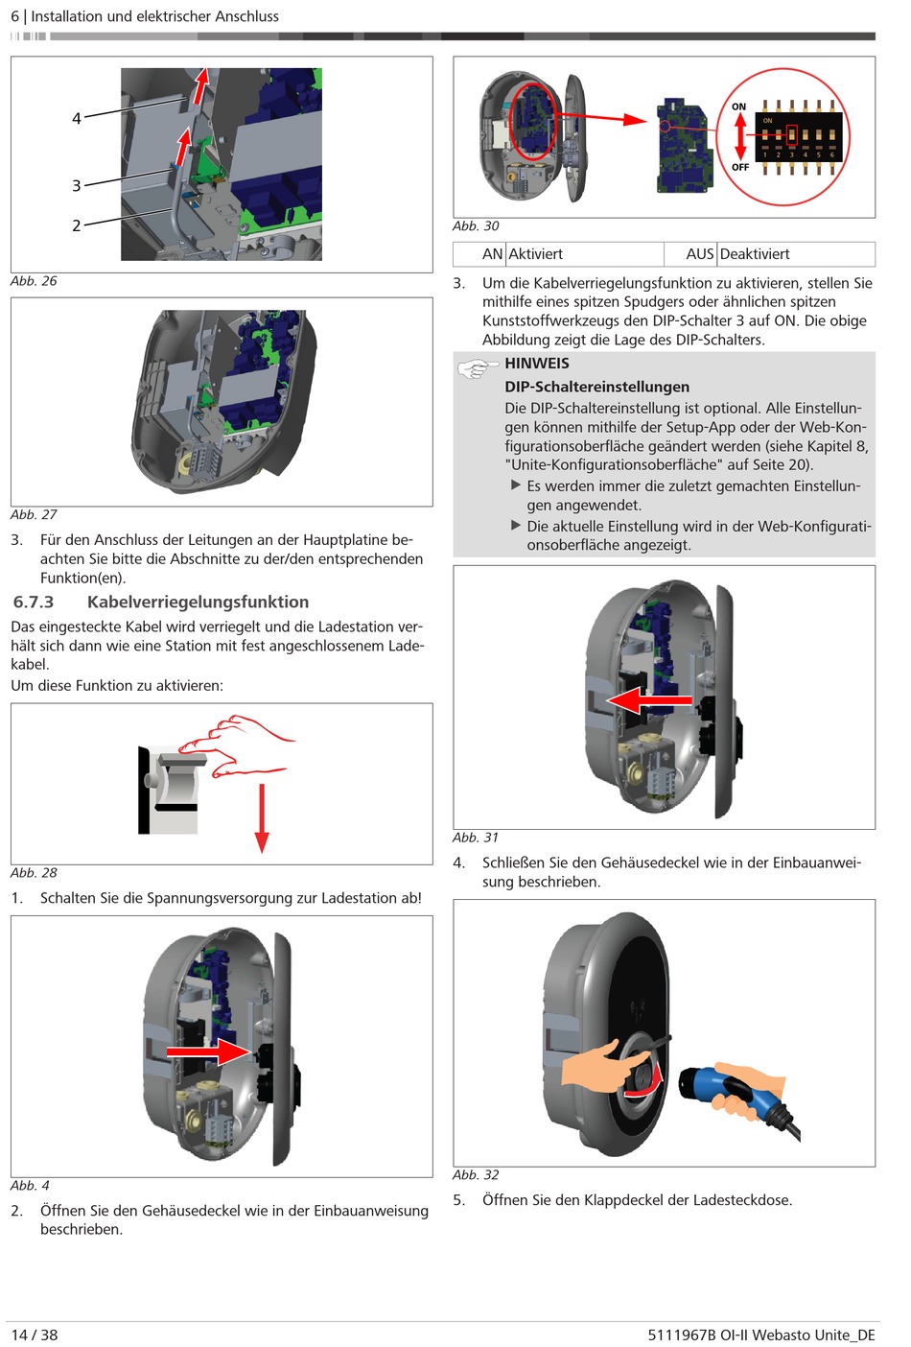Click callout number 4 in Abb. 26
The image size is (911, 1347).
click(77, 119)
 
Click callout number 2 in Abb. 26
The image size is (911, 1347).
click(77, 226)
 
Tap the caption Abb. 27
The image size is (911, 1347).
click(34, 515)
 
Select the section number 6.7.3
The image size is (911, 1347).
click(34, 603)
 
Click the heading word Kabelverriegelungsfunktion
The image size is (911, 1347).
click(198, 603)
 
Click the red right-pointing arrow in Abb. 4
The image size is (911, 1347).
click(209, 1052)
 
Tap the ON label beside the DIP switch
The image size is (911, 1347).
click(738, 106)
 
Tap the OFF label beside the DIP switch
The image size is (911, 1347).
click(740, 167)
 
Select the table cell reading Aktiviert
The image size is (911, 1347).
click(535, 254)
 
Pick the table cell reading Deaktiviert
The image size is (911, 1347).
click(755, 254)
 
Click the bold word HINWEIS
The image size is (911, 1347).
click(537, 364)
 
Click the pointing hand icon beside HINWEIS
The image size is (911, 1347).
click(475, 368)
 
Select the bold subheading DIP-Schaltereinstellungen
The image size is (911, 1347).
click(596, 387)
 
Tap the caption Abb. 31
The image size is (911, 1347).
click(476, 838)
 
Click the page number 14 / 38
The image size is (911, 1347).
click(35, 1335)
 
